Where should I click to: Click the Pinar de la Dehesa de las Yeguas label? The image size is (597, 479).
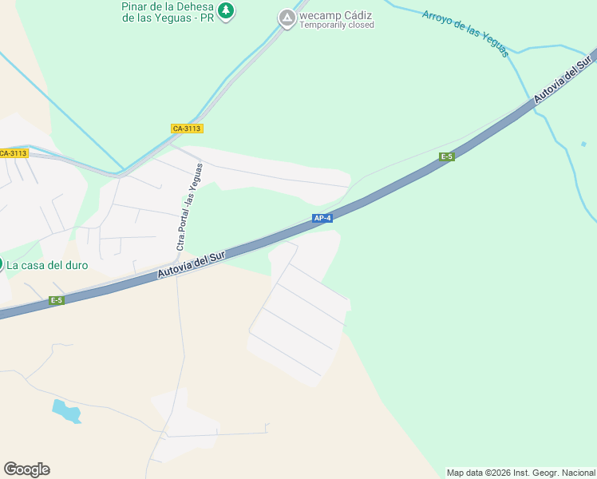(168, 12)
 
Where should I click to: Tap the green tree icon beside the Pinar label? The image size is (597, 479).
(227, 10)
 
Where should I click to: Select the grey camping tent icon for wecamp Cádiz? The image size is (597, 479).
(287, 18)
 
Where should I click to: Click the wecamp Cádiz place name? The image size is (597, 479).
(336, 14)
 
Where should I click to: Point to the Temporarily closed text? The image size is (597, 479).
(336, 25)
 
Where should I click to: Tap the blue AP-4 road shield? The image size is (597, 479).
(322, 217)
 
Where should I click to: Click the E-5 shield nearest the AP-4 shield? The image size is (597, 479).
(447, 156)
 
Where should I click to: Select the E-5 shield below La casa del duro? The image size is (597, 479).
(56, 300)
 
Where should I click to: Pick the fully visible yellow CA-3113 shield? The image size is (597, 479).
(188, 129)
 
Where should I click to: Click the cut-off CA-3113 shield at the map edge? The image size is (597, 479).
(14, 153)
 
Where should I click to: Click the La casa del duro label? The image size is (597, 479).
(48, 265)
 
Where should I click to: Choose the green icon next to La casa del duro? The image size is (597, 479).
(2, 264)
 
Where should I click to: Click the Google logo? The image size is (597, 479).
(26, 469)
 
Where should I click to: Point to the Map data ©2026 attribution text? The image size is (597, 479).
(520, 473)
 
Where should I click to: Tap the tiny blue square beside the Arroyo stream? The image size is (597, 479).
(583, 144)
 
